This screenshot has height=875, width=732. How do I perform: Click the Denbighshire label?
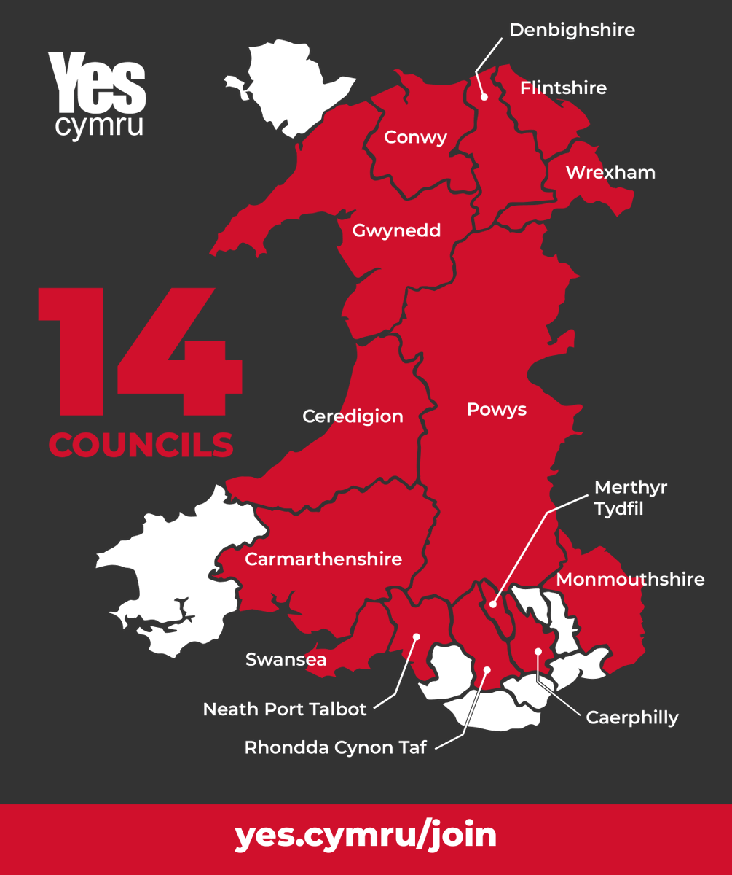[572, 30]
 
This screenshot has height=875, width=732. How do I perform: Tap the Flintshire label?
[563, 88]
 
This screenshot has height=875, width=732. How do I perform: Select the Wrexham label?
[610, 173]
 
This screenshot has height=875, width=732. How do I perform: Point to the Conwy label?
[415, 137]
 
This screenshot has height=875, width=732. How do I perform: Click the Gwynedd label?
[396, 231]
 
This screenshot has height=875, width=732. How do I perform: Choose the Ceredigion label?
[353, 416]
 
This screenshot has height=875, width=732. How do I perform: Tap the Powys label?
[496, 410]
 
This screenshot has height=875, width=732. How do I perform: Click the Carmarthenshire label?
[323, 559]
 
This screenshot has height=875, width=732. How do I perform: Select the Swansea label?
[286, 660]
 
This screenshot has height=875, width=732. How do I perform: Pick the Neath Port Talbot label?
[285, 709]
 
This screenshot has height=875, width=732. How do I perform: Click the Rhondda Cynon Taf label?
[335, 747]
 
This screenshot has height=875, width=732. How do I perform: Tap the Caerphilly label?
[632, 717]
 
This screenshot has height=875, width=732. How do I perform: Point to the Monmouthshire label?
[630, 580]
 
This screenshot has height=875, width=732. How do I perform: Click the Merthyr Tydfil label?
[631, 497]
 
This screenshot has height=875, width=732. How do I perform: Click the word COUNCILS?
[141, 445]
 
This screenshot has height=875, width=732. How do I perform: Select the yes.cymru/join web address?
[366, 835]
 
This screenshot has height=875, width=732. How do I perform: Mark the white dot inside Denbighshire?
[484, 96]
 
